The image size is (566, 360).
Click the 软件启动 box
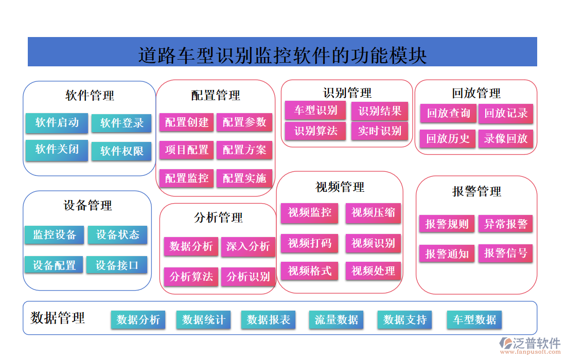[x=57, y=122]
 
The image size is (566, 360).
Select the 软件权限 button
[x=121, y=151]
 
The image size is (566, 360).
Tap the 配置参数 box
[x=244, y=122]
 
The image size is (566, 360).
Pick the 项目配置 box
[x=187, y=150]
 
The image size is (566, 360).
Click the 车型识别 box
[x=315, y=110]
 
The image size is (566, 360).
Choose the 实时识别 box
[x=380, y=131]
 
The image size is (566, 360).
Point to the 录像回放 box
[x=506, y=138]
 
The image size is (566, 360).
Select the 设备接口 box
[x=117, y=265]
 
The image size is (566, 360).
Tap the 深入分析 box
[x=248, y=247]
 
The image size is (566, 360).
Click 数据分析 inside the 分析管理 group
[x=191, y=247]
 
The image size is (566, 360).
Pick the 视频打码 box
[x=309, y=243]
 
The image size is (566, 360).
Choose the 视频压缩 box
[x=373, y=212]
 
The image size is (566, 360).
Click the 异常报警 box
[x=506, y=224]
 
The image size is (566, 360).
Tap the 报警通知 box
[x=447, y=254]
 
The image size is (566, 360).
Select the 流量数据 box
[x=337, y=320]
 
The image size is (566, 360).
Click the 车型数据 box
[x=474, y=320]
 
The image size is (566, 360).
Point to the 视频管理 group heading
[x=340, y=187]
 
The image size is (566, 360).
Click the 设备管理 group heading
[x=87, y=206]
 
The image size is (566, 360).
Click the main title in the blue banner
[x=282, y=55]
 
